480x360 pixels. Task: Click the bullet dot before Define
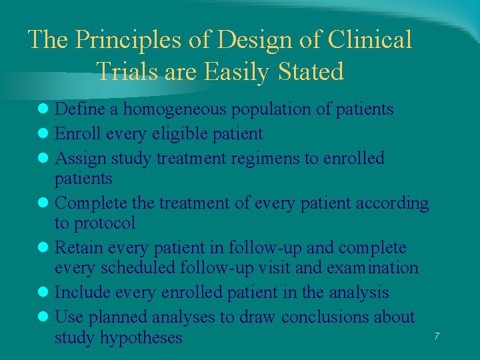pyautogui.click(x=45, y=109)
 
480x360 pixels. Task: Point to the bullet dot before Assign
pyautogui.click(x=45, y=159)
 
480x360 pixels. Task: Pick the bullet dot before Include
pyautogui.click(x=45, y=293)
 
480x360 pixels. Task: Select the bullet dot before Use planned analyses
pyautogui.click(x=45, y=317)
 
